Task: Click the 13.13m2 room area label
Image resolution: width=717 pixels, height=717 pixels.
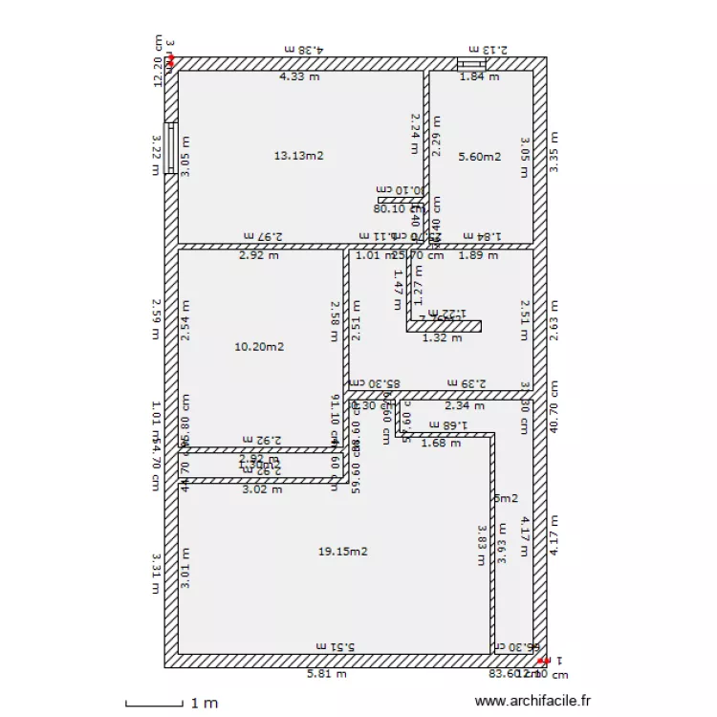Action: point(298,155)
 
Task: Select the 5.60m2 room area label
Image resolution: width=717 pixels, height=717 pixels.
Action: point(479,157)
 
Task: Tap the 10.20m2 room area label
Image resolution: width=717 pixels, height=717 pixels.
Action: point(258,347)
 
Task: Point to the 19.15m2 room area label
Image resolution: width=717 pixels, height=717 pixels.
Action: point(342,552)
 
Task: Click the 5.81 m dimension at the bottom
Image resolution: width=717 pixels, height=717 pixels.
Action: point(326,674)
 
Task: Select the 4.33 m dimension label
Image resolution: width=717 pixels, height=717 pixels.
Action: point(298,77)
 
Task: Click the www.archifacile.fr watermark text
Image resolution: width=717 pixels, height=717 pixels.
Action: point(532,702)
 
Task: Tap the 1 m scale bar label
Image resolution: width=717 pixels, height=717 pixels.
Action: point(204,704)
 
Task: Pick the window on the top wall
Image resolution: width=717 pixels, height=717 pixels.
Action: point(471,63)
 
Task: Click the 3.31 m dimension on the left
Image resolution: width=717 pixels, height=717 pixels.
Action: point(157,574)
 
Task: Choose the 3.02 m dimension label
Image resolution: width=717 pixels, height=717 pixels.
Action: point(262,489)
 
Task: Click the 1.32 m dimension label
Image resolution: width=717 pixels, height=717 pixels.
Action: point(442,337)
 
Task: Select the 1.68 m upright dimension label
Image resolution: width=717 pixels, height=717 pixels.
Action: point(441,443)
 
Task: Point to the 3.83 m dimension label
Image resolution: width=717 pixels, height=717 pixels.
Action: point(483,541)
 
